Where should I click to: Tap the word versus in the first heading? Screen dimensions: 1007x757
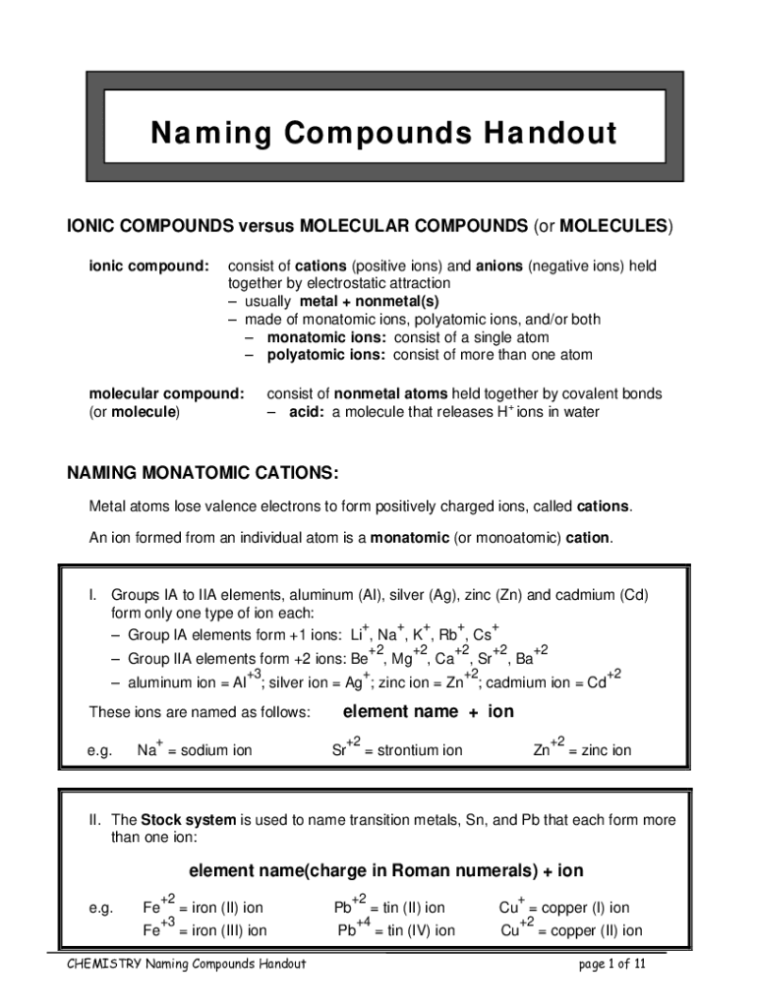click(x=265, y=226)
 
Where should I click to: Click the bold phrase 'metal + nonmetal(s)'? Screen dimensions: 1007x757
click(x=362, y=301)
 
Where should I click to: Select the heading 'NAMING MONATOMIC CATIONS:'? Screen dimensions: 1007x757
click(x=203, y=474)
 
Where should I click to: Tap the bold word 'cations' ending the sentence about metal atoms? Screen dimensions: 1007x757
click(x=603, y=506)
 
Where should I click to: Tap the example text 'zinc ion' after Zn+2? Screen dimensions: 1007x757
click(x=607, y=751)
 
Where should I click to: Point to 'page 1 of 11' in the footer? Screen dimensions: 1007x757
click(x=612, y=964)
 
